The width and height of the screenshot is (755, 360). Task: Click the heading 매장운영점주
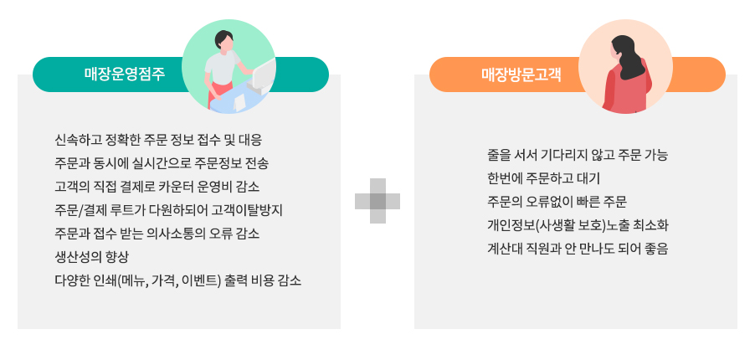(x=125, y=75)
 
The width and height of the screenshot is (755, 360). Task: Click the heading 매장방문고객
(x=521, y=75)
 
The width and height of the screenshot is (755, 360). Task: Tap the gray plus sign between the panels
(x=377, y=201)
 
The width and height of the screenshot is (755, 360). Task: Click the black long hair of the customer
(x=628, y=57)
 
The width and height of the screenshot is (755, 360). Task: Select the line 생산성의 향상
(x=92, y=257)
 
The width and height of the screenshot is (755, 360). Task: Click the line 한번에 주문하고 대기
(x=543, y=179)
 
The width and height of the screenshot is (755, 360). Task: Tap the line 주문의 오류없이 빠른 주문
(x=557, y=202)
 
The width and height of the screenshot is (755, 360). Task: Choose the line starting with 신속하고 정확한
(x=159, y=141)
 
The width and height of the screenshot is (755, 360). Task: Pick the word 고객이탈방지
(x=247, y=211)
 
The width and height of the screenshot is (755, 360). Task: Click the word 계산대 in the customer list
(x=503, y=249)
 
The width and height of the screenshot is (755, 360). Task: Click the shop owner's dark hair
(x=223, y=37)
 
